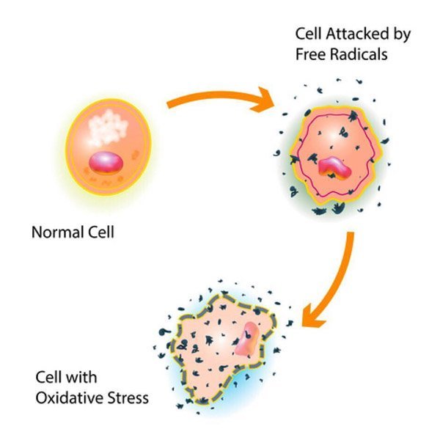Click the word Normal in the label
[58, 232]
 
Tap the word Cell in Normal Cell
[101, 232]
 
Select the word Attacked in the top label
[357, 34]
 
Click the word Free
[310, 54]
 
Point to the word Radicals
[359, 54]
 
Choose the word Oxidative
[65, 398]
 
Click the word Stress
[122, 398]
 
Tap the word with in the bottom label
[82, 377]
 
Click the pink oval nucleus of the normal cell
[106, 163]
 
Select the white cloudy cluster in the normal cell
[108, 128]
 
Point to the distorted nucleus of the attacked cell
[334, 168]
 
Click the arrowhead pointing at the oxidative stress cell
[312, 318]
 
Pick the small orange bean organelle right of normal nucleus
[136, 154]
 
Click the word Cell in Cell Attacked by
[309, 34]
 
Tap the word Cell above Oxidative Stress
[49, 377]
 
